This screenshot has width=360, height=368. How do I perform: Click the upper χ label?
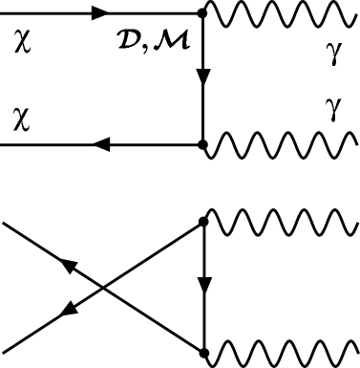tap(23, 44)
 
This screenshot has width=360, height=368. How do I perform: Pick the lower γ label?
tap(332, 112)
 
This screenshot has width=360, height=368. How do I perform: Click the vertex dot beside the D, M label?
tap(202, 14)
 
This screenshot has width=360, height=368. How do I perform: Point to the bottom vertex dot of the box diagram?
tap(202, 145)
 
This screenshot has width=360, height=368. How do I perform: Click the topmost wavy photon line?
tap(282, 14)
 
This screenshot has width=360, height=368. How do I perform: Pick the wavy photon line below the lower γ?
tap(282, 145)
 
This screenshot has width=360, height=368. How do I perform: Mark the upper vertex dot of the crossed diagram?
tap(202, 223)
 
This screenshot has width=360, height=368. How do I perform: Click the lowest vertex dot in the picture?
tap(202, 348)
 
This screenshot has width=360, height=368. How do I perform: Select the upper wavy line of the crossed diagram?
tap(282, 223)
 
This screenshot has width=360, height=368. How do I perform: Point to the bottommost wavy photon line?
tap(282, 348)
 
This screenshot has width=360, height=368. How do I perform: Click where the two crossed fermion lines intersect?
tap(102, 285)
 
